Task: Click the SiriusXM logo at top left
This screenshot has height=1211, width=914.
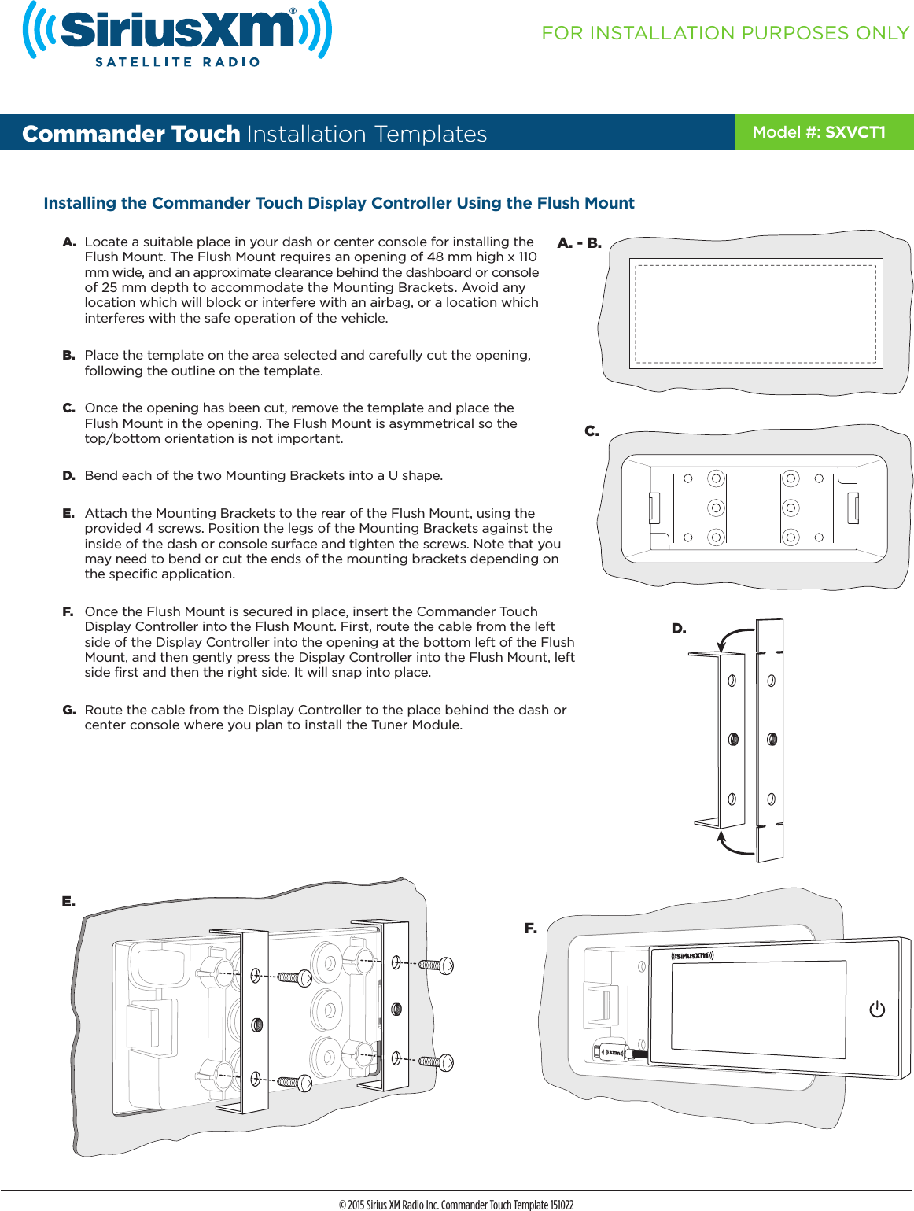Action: [x=177, y=33]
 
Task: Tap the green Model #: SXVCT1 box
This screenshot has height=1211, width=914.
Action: [x=823, y=132]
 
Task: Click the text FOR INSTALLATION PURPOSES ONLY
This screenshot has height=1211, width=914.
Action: [x=724, y=33]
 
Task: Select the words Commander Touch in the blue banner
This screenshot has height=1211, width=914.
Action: [x=131, y=134]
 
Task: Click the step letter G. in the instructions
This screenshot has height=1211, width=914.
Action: [x=69, y=710]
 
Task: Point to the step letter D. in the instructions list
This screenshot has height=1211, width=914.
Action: [x=69, y=476]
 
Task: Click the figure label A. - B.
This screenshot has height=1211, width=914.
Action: [x=579, y=243]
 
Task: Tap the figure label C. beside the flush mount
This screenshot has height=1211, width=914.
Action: [x=592, y=431]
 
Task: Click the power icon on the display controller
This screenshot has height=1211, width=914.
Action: [x=877, y=1010]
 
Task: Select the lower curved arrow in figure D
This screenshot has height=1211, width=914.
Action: [x=734, y=846]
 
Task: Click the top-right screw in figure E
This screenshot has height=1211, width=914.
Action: [x=437, y=965]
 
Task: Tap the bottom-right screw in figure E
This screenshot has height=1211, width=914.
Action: [x=437, y=1062]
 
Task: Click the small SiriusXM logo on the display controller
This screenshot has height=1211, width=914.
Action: [x=692, y=956]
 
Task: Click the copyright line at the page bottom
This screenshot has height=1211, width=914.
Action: [x=456, y=1204]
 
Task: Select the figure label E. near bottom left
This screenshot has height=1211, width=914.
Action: [x=69, y=902]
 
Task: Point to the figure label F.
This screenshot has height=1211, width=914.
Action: [x=531, y=929]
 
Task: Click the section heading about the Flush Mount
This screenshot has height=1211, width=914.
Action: [x=338, y=203]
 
